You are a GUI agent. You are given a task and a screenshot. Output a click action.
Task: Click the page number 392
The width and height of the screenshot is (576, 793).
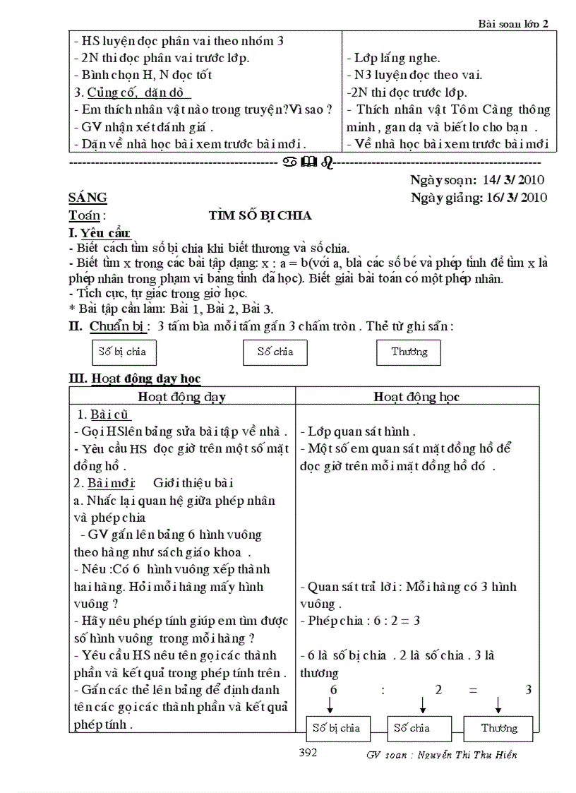(308, 753)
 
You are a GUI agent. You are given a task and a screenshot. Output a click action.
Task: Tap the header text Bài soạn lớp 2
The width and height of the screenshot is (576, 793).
(512, 23)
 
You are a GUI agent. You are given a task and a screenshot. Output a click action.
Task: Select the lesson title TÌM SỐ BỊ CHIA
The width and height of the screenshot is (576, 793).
(260, 215)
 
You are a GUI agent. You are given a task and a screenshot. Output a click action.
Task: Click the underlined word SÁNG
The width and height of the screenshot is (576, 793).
(88, 198)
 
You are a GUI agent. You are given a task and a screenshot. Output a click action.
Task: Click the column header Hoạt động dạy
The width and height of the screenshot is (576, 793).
(181, 397)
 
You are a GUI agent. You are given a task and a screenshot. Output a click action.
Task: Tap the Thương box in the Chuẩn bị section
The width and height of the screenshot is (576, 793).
(409, 352)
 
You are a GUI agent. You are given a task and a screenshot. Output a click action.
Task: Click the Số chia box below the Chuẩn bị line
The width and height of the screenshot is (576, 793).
(275, 352)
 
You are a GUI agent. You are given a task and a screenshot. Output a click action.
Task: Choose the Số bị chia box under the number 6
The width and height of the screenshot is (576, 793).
(337, 728)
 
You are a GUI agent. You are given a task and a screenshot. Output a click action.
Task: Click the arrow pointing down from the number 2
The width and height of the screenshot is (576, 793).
(422, 704)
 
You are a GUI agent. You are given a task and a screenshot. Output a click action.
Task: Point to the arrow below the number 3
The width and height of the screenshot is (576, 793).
(498, 704)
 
